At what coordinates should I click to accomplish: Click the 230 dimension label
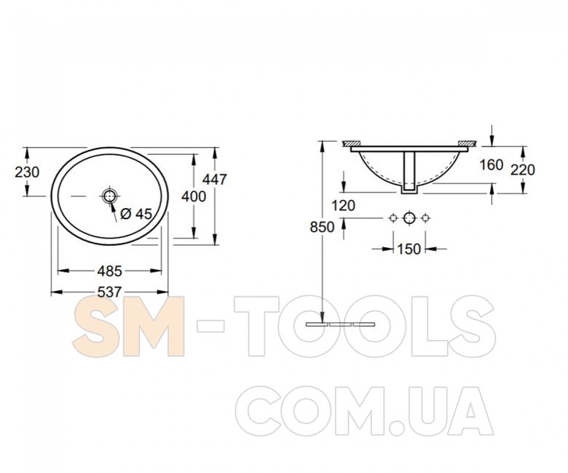(x=27, y=172)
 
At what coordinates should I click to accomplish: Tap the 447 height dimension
(x=214, y=179)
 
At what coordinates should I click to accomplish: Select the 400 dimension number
(x=194, y=196)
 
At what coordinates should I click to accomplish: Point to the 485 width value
(x=109, y=271)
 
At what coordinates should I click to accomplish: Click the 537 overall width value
(x=109, y=292)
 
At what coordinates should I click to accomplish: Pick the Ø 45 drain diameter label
(x=136, y=214)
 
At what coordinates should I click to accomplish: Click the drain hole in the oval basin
(x=109, y=196)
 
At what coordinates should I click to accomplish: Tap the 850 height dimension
(x=322, y=227)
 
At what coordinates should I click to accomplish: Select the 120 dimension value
(x=344, y=205)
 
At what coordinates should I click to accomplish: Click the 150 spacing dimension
(x=409, y=249)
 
